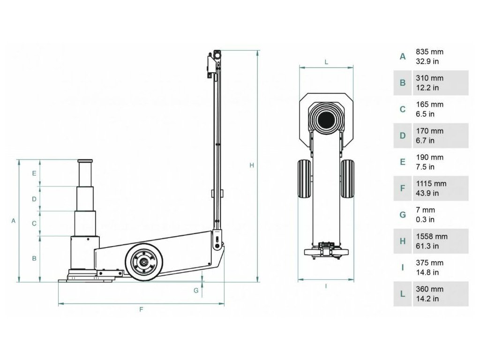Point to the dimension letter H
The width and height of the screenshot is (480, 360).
[x=252, y=165]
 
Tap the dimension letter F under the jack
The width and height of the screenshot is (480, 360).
[x=141, y=309]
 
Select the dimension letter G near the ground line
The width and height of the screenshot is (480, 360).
[x=196, y=290]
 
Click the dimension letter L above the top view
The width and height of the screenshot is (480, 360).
[x=326, y=61]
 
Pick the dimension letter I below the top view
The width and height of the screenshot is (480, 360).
[x=325, y=285]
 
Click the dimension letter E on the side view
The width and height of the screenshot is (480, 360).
[x=34, y=173]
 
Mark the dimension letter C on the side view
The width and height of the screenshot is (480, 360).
[x=34, y=224]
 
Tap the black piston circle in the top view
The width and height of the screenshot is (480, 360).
[x=326, y=121]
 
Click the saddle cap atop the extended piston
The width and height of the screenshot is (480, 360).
[x=85, y=161]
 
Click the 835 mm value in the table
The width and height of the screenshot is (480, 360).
[x=429, y=52]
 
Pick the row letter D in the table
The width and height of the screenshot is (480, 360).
[x=402, y=136]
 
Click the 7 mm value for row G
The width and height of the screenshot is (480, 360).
[x=425, y=210]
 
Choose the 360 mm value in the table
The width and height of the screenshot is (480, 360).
[x=429, y=289]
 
